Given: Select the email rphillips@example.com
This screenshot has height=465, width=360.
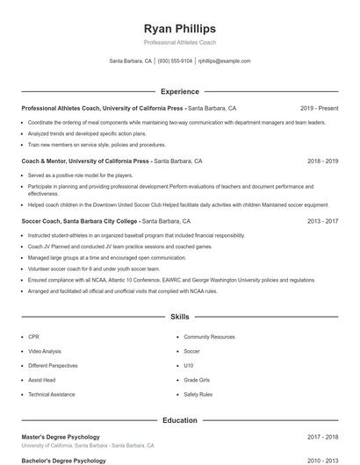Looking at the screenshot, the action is click(x=225, y=61).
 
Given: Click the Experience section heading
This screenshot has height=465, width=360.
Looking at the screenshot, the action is click(x=179, y=91).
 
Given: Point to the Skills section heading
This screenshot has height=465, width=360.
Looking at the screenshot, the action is click(x=179, y=317).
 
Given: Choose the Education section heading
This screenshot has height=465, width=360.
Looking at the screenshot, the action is click(x=179, y=420).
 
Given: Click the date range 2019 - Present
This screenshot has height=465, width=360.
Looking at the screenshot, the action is click(x=319, y=108).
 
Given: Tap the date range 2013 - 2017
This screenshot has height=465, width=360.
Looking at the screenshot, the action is click(x=322, y=221).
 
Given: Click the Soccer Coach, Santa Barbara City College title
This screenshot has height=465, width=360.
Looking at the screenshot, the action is click(x=80, y=221).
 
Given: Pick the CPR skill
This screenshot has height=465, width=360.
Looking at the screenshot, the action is click(x=33, y=337).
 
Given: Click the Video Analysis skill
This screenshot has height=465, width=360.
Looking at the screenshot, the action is click(x=44, y=351).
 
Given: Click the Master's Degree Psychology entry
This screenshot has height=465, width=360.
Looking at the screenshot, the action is click(x=61, y=436).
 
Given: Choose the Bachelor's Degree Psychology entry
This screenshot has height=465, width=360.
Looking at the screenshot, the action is click(x=63, y=460).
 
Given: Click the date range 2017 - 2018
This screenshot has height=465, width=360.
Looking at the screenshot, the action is click(x=322, y=436).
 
